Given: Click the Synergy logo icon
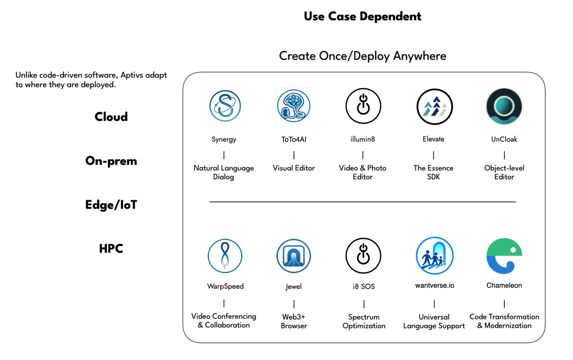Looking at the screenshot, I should click(x=225, y=106).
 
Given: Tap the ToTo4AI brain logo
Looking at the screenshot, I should click(x=294, y=106).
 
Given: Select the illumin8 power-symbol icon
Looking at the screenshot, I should click(x=363, y=106).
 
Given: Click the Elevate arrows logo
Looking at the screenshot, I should click(x=434, y=107).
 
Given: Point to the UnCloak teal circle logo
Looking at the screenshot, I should click(x=504, y=106).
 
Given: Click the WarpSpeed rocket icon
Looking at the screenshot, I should click(x=225, y=256).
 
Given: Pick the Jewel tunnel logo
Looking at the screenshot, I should click(x=294, y=256).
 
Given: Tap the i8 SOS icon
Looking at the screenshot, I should click(x=363, y=256).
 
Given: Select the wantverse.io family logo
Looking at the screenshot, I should click(x=434, y=256).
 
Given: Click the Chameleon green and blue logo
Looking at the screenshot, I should click(x=504, y=256).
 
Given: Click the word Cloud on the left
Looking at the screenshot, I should click(x=111, y=117).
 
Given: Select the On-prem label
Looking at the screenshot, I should click(x=111, y=161).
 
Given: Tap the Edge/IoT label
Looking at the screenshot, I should click(x=111, y=205).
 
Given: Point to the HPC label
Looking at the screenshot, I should click(x=111, y=249).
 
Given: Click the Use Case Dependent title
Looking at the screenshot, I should click(x=363, y=16).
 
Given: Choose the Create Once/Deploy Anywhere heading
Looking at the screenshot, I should click(x=363, y=56).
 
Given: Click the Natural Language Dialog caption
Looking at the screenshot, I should click(x=224, y=172).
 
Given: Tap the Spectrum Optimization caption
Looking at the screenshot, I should click(x=364, y=321).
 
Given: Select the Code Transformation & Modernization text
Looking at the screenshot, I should click(x=504, y=321).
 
